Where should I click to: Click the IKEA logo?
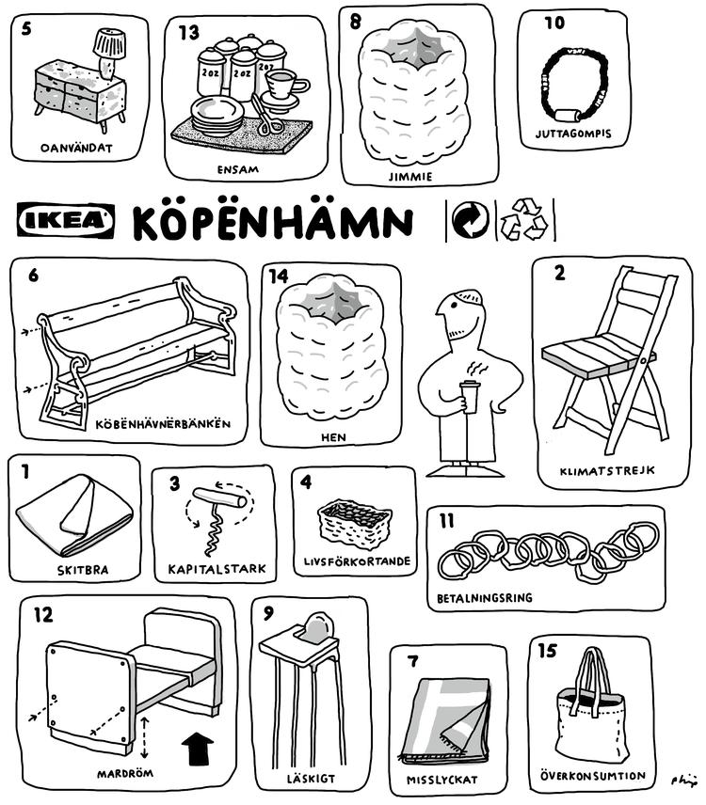point(66,220)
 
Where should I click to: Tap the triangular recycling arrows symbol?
point(524,220)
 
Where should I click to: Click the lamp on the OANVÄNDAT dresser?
point(108,53)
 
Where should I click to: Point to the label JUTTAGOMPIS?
point(573,134)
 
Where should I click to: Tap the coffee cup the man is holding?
point(470,396)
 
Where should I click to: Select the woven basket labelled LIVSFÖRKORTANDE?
point(355,524)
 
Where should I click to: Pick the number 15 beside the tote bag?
point(547,651)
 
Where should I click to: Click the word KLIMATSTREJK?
point(607,470)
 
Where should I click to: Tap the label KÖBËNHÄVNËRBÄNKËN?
point(163,424)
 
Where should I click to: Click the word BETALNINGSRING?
point(484,598)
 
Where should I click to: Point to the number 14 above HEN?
point(279,276)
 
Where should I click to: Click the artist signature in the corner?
point(684,781)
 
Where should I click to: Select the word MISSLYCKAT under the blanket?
point(441,780)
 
